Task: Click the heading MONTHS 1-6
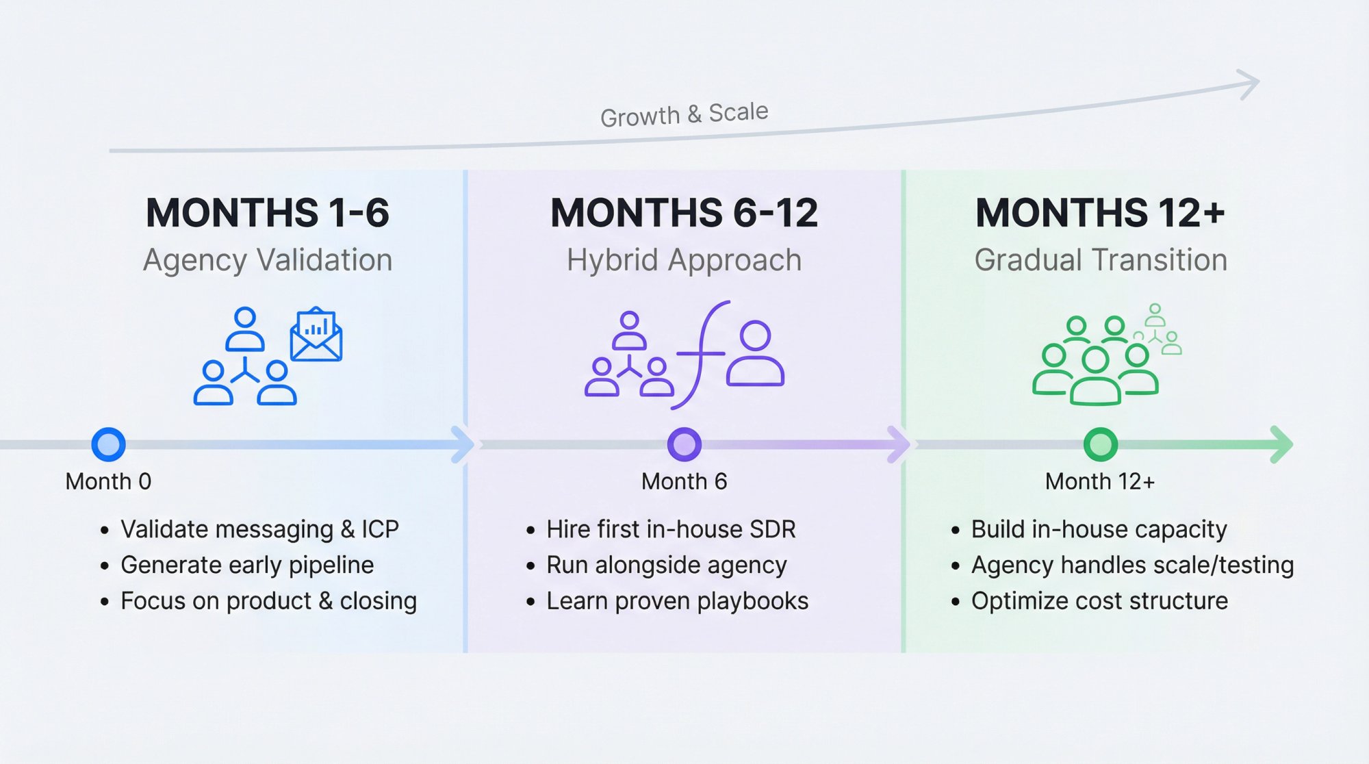268,213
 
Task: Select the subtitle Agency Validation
268,261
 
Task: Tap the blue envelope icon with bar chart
316,335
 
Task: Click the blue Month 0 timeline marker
108,444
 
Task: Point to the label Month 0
108,481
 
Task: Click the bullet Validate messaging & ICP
259,529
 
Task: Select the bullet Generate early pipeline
247,565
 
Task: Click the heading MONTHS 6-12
684,213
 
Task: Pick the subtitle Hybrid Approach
684,261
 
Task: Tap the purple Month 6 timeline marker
684,444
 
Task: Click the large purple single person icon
755,355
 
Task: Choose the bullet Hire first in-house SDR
671,529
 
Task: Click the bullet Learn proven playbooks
677,601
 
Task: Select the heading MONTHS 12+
1100,213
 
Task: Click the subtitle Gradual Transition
1100,261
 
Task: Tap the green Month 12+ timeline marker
1100,444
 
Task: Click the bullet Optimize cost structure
1099,601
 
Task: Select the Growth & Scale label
684,114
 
